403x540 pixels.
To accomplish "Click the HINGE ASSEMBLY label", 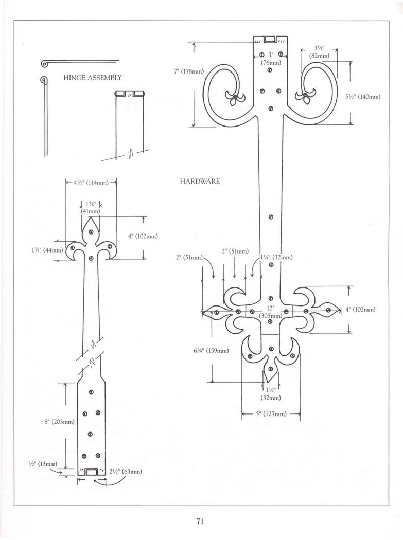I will pos(93,78).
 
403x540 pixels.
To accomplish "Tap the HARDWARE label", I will pos(200,182).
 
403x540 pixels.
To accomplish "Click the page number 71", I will pos(201,521).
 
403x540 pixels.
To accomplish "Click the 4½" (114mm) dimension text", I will pos(91,182).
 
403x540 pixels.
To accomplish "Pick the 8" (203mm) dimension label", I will pos(60,422).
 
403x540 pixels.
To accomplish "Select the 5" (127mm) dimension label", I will pos(271,413).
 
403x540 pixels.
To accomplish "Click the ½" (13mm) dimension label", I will pos(43,464).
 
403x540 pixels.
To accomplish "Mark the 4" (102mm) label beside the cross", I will pos(360,309).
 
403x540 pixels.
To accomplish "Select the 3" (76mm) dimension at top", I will pos(270,59).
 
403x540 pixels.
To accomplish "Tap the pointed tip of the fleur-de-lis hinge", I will pos(91,218).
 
